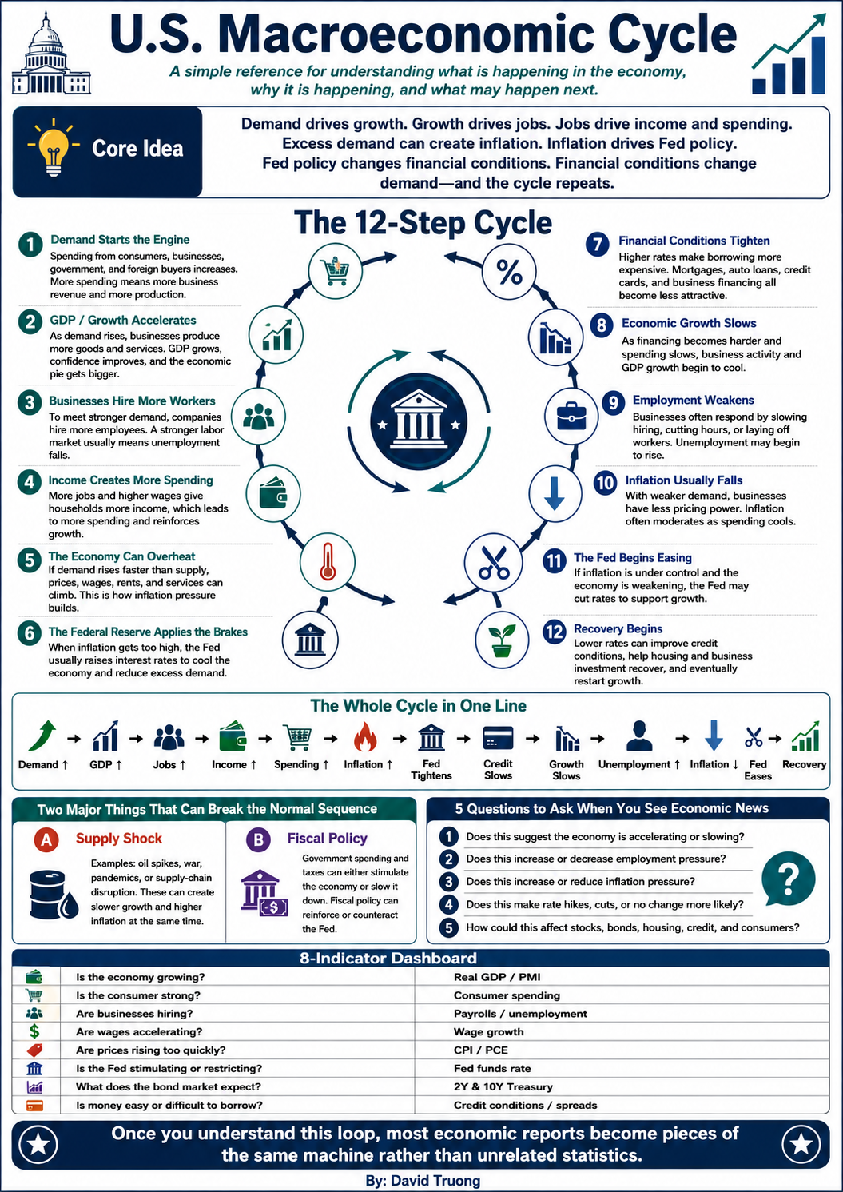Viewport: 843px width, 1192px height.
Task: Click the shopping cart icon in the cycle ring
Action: pyautogui.click(x=335, y=271)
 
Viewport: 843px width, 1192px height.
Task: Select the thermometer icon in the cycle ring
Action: pyautogui.click(x=327, y=562)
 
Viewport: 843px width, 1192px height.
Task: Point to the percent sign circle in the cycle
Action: pyautogui.click(x=509, y=271)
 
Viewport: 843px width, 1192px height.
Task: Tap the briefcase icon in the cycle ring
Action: pyautogui.click(x=571, y=417)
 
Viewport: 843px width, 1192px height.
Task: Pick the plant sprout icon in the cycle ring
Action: pyautogui.click(x=502, y=640)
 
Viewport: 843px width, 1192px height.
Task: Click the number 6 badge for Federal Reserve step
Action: pyautogui.click(x=30, y=633)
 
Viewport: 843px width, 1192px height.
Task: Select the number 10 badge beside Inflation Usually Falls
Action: pyautogui.click(x=605, y=483)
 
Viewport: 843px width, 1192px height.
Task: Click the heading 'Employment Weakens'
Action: pyautogui.click(x=693, y=400)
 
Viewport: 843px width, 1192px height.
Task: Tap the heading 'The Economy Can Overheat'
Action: pyautogui.click(x=121, y=556)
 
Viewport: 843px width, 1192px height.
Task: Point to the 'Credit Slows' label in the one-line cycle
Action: pyautogui.click(x=498, y=769)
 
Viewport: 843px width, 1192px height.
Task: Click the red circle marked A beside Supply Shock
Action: pyautogui.click(x=46, y=839)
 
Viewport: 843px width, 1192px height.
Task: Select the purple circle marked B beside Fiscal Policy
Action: pyautogui.click(x=258, y=839)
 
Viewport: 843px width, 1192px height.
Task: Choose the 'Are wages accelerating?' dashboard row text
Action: pyautogui.click(x=139, y=1031)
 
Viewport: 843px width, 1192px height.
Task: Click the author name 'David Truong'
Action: pyautogui.click(x=435, y=1180)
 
